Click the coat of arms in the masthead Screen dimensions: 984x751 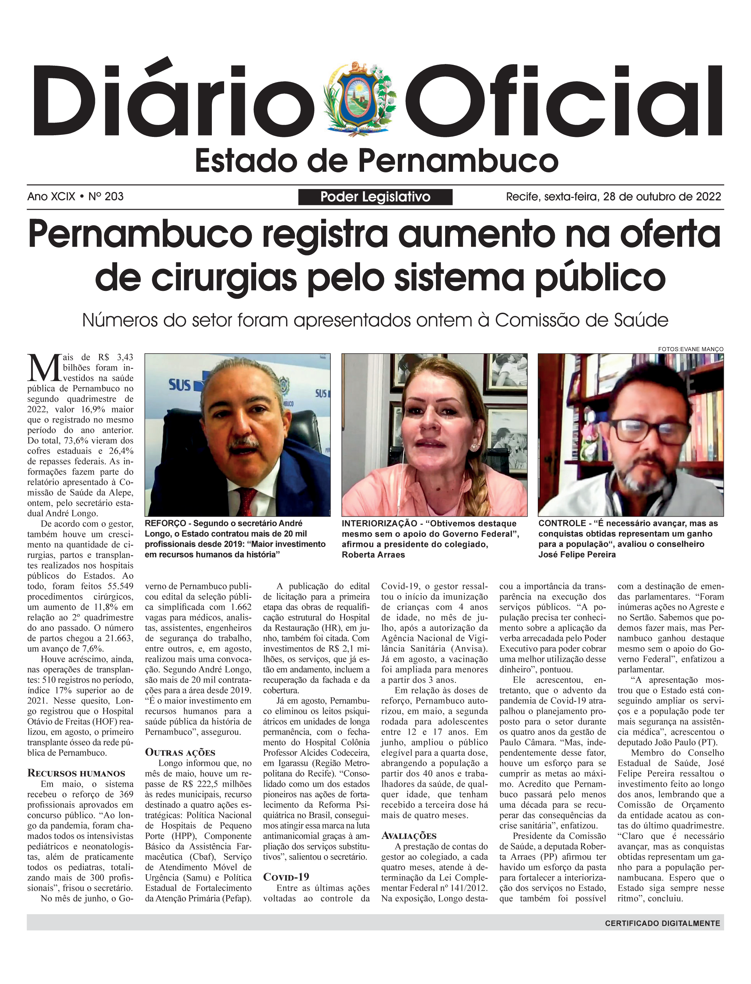pyautogui.click(x=360, y=99)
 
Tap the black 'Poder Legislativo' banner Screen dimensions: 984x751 pyautogui.click(x=375, y=197)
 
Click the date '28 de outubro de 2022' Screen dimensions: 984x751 pyautogui.click(x=661, y=197)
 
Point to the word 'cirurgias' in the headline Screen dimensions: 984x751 pyautogui.click(x=223, y=278)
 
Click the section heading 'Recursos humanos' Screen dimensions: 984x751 pyautogui.click(x=76, y=773)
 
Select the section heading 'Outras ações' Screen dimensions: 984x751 pyautogui.click(x=180, y=752)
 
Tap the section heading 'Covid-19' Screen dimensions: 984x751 pyautogui.click(x=286, y=877)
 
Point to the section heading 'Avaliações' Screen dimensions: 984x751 pyautogui.click(x=409, y=835)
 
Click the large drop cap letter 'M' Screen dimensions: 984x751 pyautogui.click(x=44, y=368)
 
